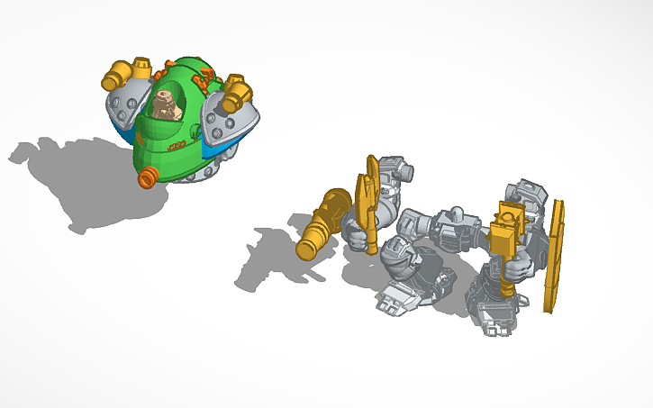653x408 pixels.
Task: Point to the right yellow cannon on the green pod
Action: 238,89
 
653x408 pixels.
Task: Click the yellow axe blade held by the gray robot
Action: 368,191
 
